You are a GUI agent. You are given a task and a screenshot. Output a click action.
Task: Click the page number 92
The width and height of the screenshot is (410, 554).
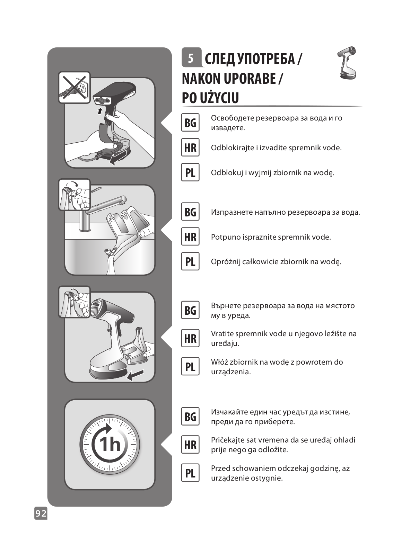[x=41, y=513]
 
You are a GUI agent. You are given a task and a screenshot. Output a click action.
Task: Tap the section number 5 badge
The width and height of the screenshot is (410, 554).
[x=191, y=57]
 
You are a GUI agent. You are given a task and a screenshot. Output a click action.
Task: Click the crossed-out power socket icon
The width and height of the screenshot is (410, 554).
[x=74, y=87]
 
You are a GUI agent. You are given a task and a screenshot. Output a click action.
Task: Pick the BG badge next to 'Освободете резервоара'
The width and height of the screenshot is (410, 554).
[x=190, y=123]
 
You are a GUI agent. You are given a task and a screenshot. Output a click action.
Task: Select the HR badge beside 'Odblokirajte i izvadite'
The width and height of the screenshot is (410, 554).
[x=190, y=148]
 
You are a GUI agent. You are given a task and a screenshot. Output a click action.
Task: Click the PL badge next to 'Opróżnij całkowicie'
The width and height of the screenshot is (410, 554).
[x=190, y=261]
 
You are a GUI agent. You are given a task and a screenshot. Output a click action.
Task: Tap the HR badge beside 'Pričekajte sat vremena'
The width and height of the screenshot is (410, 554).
[x=190, y=445]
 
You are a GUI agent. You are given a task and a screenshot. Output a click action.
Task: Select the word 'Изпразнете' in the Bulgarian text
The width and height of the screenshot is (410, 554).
[x=232, y=212]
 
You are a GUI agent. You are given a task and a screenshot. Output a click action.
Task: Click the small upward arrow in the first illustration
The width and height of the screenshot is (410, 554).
[x=100, y=111]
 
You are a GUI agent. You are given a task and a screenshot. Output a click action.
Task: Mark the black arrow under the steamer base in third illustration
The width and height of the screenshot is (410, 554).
[x=135, y=375]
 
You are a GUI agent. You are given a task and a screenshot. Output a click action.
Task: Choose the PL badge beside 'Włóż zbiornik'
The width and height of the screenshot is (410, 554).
[x=190, y=366]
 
